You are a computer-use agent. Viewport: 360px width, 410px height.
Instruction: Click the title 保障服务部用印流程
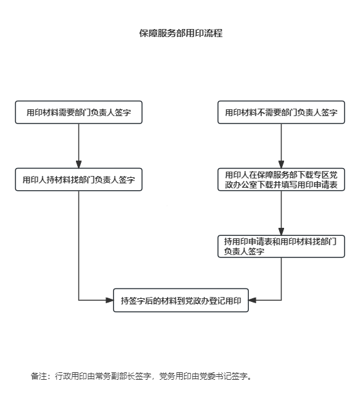click(181, 33)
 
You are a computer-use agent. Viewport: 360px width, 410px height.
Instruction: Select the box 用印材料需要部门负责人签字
click(78, 112)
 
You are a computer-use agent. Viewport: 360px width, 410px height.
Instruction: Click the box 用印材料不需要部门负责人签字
click(282, 112)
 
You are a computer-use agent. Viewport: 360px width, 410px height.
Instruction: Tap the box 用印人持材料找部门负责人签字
click(78, 179)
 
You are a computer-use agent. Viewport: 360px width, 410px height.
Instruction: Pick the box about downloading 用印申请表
click(282, 179)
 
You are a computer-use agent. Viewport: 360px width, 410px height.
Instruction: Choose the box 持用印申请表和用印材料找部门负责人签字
click(282, 246)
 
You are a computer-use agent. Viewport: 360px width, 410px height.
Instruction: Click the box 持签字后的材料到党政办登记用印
click(181, 300)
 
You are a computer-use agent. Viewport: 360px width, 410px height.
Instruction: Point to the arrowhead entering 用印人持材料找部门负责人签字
click(78, 164)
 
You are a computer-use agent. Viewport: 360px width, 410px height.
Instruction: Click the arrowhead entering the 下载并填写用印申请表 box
click(282, 164)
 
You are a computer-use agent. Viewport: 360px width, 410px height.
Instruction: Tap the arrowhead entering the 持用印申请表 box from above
click(282, 232)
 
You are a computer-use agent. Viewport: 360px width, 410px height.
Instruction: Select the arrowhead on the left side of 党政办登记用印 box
click(109, 300)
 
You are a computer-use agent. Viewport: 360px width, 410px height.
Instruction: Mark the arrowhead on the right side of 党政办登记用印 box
click(253, 300)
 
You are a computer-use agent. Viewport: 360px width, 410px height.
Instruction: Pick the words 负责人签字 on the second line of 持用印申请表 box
click(244, 251)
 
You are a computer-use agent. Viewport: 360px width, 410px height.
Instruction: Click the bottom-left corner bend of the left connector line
click(78, 300)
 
